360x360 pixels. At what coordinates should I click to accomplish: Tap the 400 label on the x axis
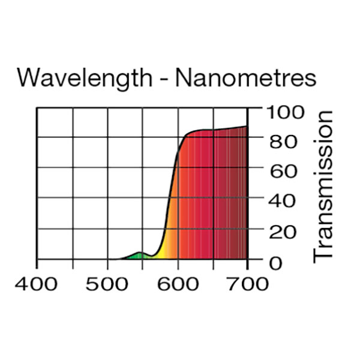coord(37,284)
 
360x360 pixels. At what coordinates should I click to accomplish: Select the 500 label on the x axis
coord(107,284)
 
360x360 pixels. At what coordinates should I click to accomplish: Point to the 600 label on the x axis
coord(178,284)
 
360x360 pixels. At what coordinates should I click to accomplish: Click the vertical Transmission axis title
coord(323,185)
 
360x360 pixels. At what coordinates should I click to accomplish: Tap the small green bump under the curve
coord(138,256)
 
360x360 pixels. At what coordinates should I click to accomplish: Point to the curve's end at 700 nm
coord(247,126)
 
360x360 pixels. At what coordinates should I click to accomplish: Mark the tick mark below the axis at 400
coord(37,263)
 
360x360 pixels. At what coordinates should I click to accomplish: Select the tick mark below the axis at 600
coord(178,263)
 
